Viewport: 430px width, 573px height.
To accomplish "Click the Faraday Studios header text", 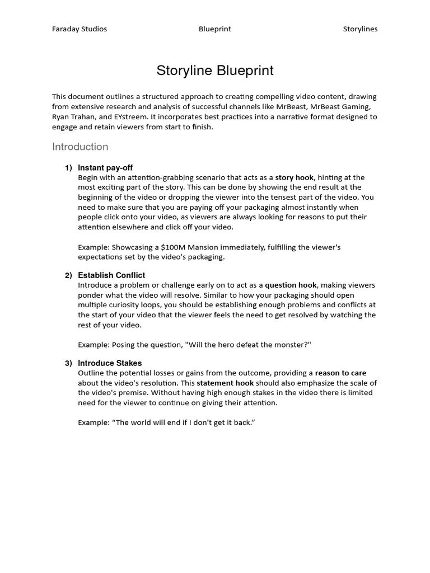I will pos(80,29).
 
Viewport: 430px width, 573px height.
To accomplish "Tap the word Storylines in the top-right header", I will pos(360,29).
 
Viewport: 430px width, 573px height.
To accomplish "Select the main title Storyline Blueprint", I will pos(215,71).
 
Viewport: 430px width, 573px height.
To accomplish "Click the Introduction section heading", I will pos(80,147).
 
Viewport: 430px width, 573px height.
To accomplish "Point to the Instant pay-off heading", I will pos(105,168).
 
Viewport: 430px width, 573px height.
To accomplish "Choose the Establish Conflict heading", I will pos(111,275).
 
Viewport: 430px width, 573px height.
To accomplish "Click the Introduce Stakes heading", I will pos(110,363).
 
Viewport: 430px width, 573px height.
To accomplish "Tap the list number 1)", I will pos(68,168).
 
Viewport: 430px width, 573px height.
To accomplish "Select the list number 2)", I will pos(68,275).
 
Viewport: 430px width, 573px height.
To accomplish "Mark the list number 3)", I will pos(68,363).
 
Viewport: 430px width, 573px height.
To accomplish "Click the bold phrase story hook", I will pos(295,177).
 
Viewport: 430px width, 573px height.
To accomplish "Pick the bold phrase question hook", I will pos(291,285).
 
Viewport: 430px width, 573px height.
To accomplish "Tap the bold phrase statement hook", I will pos(225,383).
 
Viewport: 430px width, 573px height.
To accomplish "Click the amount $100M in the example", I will pos(173,247).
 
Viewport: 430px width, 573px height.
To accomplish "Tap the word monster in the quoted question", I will pos(291,345).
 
